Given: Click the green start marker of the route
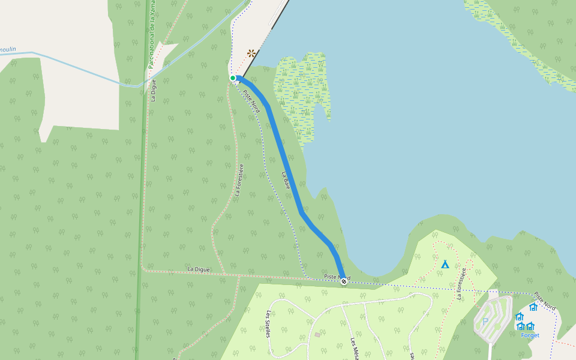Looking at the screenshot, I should (233, 78).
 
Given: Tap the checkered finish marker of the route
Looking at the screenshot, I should (344, 281).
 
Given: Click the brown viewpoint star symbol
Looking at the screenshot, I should (251, 53).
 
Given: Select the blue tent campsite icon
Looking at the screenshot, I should (445, 264).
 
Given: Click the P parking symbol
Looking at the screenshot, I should (485, 321).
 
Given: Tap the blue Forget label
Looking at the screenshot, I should (530, 335).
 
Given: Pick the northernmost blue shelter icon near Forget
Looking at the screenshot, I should (533, 307).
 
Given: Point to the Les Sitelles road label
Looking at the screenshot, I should (268, 323).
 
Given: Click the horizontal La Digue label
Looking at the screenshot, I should (198, 269).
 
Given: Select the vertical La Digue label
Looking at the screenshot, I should (154, 89).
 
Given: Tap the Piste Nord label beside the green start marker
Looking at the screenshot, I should (251, 101).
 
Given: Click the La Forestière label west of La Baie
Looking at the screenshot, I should (239, 180).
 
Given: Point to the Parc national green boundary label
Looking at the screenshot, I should (152, 36).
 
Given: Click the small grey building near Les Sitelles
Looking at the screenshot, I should (317, 334).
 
